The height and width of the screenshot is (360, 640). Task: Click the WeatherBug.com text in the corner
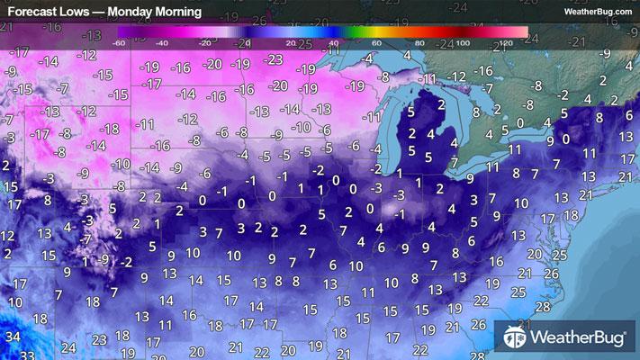(597, 12)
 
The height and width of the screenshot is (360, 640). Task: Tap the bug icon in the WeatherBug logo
(516, 338)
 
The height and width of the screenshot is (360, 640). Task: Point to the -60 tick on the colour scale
(119, 42)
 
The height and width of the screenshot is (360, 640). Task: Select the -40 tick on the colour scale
(162, 42)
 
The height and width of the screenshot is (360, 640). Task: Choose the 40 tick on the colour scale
(332, 42)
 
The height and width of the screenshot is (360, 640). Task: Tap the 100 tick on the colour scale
(461, 42)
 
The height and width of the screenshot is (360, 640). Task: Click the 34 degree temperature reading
(10, 336)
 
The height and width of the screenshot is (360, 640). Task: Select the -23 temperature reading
(275, 58)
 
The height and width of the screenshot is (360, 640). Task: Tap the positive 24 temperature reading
(69, 346)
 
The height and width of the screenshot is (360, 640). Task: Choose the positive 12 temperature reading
(8, 235)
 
